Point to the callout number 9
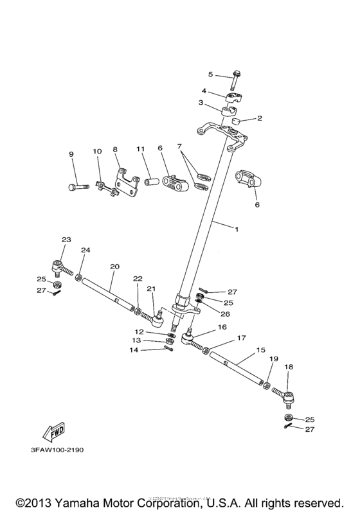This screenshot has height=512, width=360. (71, 154)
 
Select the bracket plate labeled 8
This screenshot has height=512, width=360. (127, 183)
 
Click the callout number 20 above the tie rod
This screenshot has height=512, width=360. (114, 265)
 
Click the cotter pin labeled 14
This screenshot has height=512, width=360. (168, 349)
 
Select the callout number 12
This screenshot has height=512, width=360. (148, 331)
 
